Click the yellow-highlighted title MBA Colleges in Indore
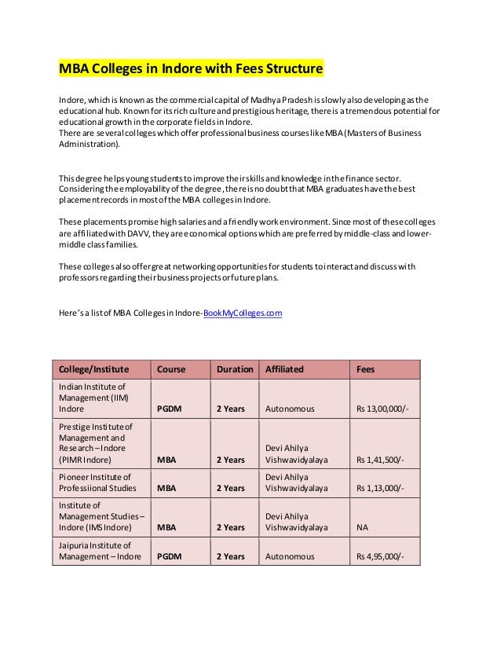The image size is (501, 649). pyautogui.click(x=192, y=68)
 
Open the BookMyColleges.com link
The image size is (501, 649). pyautogui.click(x=243, y=313)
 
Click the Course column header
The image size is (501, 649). pyautogui.click(x=172, y=368)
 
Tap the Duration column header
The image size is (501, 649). pyautogui.click(x=235, y=368)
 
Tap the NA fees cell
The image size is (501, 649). pyautogui.click(x=364, y=528)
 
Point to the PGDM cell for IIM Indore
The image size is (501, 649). pyautogui.click(x=170, y=409)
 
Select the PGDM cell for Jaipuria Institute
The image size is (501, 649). pyautogui.click(x=170, y=557)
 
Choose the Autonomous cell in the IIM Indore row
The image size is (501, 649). pyautogui.click(x=290, y=409)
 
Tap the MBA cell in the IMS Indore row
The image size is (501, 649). pyautogui.click(x=166, y=528)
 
